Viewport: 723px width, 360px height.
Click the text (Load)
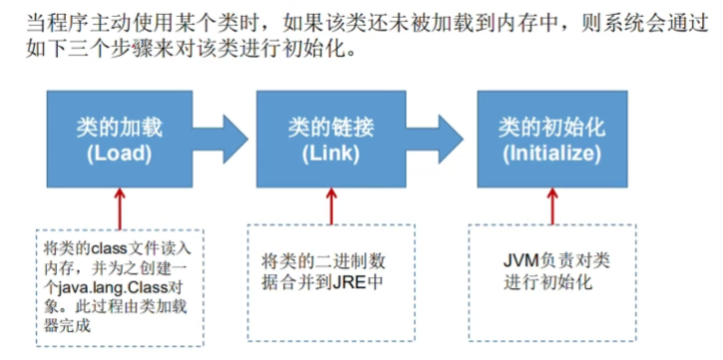[118, 155]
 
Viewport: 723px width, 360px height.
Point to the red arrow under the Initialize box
[549, 204]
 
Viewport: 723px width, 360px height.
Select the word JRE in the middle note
[351, 281]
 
